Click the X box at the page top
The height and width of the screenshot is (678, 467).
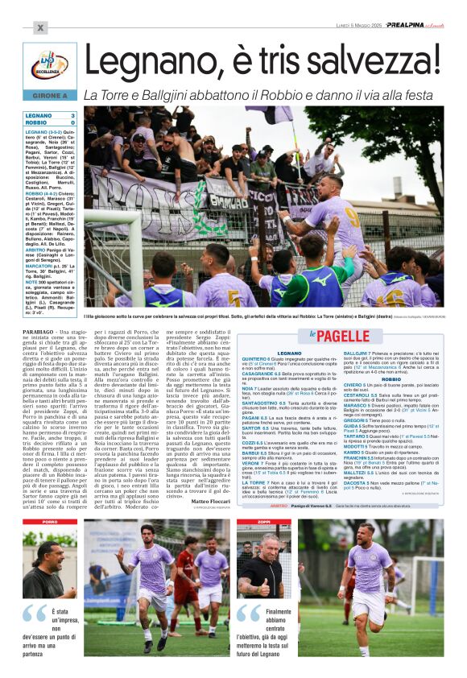point(39,27)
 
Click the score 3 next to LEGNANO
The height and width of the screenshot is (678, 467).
point(73,116)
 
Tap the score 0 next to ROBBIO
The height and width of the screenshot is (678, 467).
point(73,122)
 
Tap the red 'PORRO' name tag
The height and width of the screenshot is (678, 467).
point(49,522)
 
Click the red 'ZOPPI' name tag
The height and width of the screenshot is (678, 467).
point(262,522)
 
